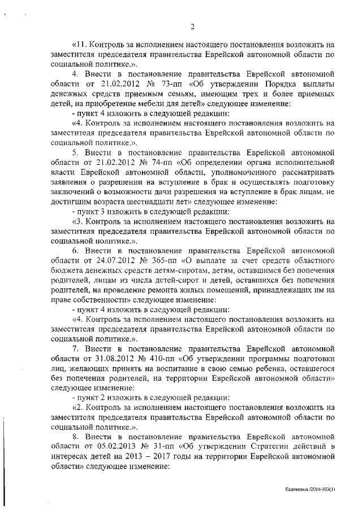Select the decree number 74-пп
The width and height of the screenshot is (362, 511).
click(164, 162)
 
